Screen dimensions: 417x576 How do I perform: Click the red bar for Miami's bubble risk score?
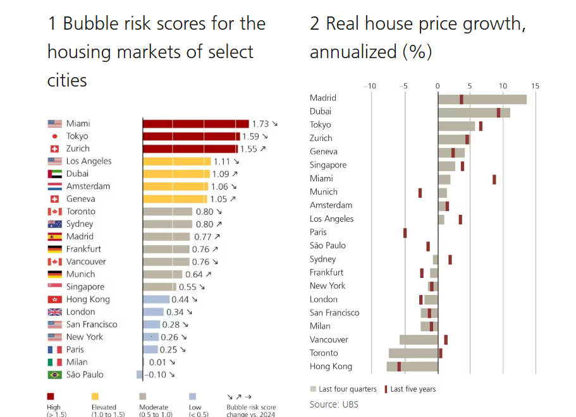[x=195, y=124]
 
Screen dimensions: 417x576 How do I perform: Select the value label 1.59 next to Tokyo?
[x=250, y=136]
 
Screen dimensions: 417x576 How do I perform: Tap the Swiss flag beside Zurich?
[x=55, y=149]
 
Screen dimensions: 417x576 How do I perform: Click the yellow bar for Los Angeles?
[x=176, y=161]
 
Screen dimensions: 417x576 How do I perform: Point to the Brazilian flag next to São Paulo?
[x=55, y=375]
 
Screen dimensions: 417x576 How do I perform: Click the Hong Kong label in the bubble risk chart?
[x=88, y=299]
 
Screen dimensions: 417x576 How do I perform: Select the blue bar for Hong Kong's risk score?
[x=156, y=299]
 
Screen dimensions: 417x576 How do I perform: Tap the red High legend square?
[x=51, y=397]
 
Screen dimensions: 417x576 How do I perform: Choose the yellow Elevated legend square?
[x=96, y=397]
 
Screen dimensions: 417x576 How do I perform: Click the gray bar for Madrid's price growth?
[x=482, y=99]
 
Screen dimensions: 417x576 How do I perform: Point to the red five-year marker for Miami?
[x=494, y=179]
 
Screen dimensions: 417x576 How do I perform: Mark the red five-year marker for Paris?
[x=405, y=233]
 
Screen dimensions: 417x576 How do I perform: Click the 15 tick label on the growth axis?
[x=536, y=86]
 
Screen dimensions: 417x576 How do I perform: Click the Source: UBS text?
[x=334, y=404]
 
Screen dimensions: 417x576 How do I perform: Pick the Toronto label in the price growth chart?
[x=324, y=353]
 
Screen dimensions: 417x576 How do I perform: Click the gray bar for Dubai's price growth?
[x=474, y=112]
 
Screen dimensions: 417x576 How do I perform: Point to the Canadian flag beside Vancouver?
[x=55, y=262]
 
